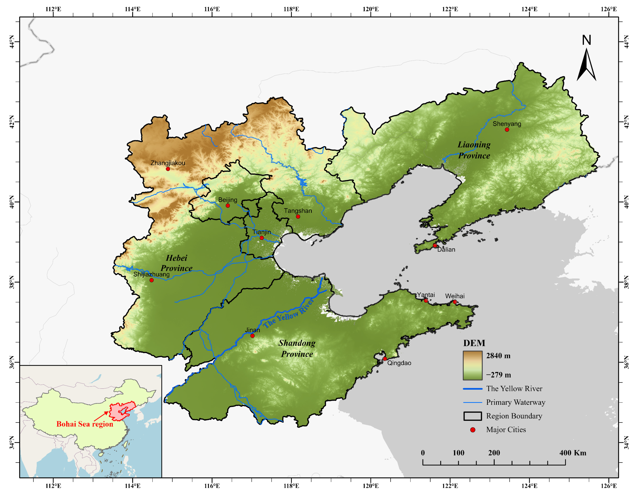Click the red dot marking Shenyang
click(507, 129)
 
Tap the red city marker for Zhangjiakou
click(168, 169)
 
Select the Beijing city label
click(228, 200)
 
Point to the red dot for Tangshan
click(298, 216)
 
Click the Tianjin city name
click(262, 232)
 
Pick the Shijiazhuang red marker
click(151, 280)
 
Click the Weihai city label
click(455, 296)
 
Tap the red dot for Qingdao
click(385, 359)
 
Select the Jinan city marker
click(252, 336)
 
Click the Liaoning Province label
click(474, 150)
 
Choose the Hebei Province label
click(176, 263)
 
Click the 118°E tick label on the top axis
click(291, 9)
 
